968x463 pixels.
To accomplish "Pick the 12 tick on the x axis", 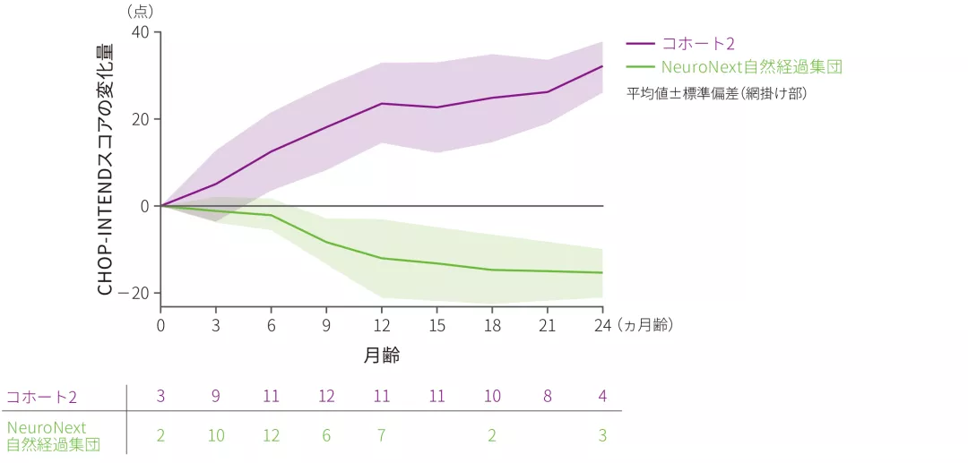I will (382, 324).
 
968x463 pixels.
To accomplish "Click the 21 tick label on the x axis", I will (548, 324).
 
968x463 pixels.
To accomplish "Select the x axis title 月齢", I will (382, 356).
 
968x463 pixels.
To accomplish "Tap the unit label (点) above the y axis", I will (141, 11).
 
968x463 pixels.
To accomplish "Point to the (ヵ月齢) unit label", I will (644, 324).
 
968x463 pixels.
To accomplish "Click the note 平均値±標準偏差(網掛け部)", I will (717, 92).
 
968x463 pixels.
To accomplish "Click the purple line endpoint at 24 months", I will (602, 66).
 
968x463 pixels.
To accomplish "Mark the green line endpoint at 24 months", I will (602, 272).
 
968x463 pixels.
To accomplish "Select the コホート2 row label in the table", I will (42, 397).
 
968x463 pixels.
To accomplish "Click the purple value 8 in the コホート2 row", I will (548, 397).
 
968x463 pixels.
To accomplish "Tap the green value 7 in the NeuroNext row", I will (382, 436).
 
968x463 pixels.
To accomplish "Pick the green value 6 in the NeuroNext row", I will (326, 436).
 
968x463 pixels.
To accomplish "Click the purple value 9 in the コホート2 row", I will (216, 397).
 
